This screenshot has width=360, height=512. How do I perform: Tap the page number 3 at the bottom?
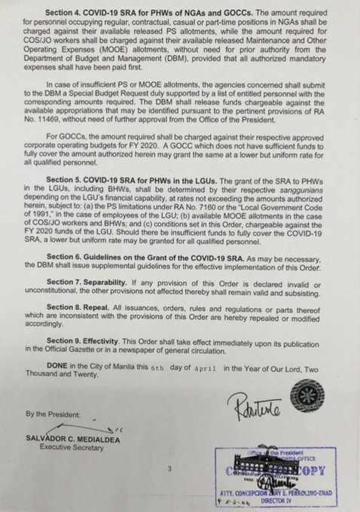(x=171, y=469)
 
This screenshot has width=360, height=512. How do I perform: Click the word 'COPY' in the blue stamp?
(x=309, y=471)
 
